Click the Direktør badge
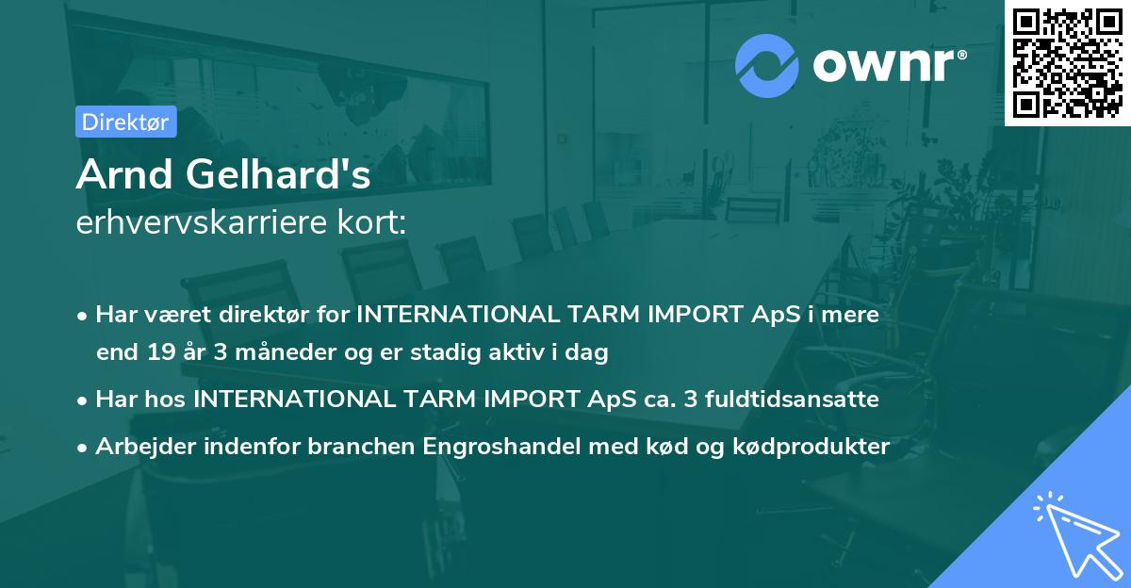coord(125,122)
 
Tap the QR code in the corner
coord(1067,62)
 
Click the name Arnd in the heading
coord(123,174)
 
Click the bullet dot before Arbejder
coord(83,448)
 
